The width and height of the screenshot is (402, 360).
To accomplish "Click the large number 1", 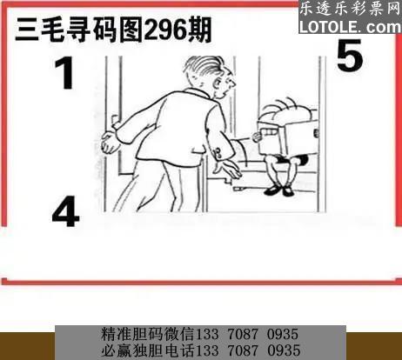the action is click(65, 73).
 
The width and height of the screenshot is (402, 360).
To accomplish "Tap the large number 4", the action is click(65, 211).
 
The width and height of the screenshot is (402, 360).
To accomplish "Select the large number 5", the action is click(350, 55).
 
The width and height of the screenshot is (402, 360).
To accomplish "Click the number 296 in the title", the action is click(165, 30).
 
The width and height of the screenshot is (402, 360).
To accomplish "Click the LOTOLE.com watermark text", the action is click(350, 27).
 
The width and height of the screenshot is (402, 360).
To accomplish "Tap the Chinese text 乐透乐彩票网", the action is click(350, 10).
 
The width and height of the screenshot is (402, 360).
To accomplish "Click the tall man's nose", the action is click(232, 83).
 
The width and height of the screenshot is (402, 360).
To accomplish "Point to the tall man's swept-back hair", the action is click(205, 67).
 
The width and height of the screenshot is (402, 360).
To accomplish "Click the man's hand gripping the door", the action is click(110, 142).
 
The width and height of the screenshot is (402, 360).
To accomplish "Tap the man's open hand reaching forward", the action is click(227, 170).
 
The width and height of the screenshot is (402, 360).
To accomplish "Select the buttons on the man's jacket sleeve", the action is click(217, 153).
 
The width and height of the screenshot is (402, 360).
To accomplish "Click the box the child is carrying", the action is click(287, 137).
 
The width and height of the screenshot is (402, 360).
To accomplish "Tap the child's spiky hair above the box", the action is click(285, 109).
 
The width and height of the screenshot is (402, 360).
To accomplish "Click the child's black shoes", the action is click(279, 190).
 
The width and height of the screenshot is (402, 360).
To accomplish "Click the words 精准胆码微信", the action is click(148, 334).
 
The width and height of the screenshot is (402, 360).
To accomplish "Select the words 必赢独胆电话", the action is click(148, 350).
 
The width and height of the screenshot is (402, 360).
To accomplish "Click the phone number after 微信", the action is click(247, 334).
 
